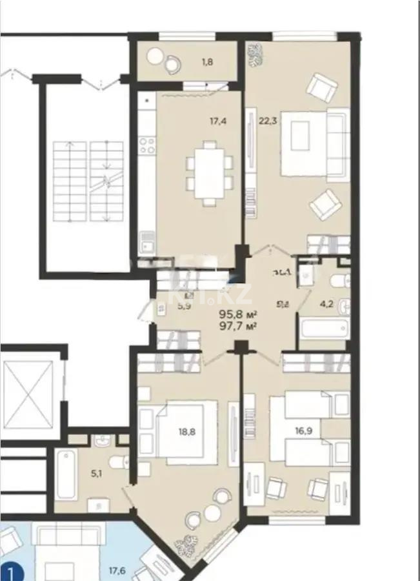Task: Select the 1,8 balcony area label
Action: click(x=208, y=62)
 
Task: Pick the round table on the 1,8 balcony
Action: click(x=155, y=57)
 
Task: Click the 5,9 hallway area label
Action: click(x=184, y=307)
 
